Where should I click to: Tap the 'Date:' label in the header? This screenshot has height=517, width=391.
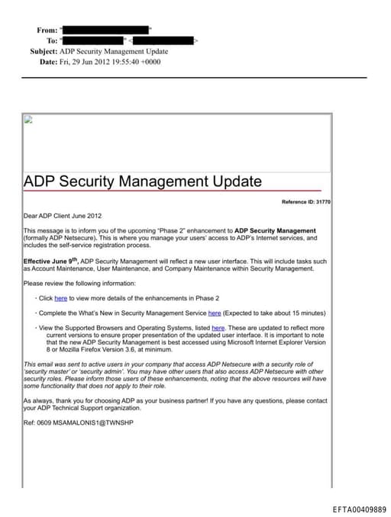[x=48, y=61]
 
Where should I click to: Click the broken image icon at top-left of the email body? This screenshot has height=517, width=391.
[x=28, y=119]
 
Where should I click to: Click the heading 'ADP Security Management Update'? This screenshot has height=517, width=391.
[x=143, y=181]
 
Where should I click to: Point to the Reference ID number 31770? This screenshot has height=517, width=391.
[x=322, y=201]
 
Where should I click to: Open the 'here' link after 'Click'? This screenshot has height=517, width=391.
[x=60, y=298]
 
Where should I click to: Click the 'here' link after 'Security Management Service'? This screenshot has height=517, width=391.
[x=215, y=313]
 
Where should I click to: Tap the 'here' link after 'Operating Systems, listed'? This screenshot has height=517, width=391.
[x=218, y=327]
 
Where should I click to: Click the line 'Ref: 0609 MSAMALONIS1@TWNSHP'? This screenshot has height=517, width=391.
[x=79, y=422]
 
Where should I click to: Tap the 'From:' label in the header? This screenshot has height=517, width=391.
[x=47, y=30]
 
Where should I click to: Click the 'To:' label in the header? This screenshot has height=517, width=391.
[x=52, y=40]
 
